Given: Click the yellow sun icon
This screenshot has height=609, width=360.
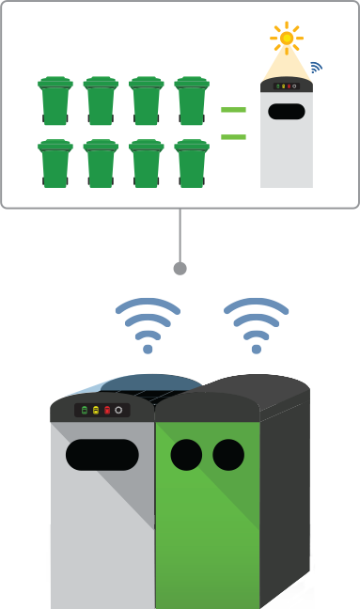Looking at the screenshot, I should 286,38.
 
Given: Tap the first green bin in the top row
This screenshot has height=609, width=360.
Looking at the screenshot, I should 55,101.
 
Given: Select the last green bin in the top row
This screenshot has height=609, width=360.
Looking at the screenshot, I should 192,101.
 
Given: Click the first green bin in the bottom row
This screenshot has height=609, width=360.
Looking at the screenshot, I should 55,164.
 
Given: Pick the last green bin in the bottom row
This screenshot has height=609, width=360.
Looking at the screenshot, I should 192,164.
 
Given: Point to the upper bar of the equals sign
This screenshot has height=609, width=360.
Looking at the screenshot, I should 233,110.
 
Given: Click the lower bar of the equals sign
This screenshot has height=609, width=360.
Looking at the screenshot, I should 233,137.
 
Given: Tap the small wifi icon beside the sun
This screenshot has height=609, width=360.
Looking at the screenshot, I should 315,68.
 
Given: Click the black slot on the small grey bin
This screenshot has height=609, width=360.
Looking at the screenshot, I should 286,111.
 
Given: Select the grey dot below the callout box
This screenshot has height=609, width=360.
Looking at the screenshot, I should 180,269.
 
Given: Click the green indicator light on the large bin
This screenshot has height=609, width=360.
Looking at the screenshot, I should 84,411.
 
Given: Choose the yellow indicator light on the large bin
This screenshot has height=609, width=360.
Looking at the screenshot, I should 95,411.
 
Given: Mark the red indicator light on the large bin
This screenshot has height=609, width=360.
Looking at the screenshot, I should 106,411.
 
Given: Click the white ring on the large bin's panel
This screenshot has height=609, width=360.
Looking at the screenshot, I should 118,411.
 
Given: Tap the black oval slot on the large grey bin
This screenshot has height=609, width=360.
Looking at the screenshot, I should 102,455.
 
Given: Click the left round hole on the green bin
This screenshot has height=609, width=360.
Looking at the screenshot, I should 186,455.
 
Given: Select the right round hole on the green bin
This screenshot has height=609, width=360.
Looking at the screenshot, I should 227,455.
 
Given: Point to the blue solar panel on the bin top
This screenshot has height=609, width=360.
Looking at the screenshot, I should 141,383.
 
